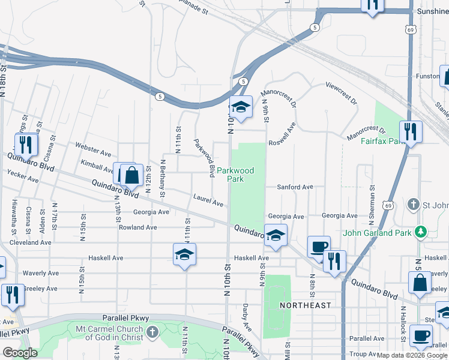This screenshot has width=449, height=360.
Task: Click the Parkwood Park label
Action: pos(235,175)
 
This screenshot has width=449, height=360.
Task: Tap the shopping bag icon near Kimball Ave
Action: pos(132,176)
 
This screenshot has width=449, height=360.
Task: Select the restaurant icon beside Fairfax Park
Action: pos(411,131)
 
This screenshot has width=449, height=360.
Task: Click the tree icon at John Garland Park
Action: pos(421,232)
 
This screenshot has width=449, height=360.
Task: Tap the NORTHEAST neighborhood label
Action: pos(306,305)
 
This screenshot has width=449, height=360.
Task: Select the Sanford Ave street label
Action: pos(295,187)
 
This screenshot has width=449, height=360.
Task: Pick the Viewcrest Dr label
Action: pos(341,94)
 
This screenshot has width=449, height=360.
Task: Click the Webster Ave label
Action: pos(93,146)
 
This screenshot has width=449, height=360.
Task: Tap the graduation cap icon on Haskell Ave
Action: pos(185,254)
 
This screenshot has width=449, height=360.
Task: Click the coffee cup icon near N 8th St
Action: pos(318,246)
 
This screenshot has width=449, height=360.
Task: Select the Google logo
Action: pos(20,352)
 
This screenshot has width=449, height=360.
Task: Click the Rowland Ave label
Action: pos(137,227)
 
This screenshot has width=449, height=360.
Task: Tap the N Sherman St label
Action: pos(372,198)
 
